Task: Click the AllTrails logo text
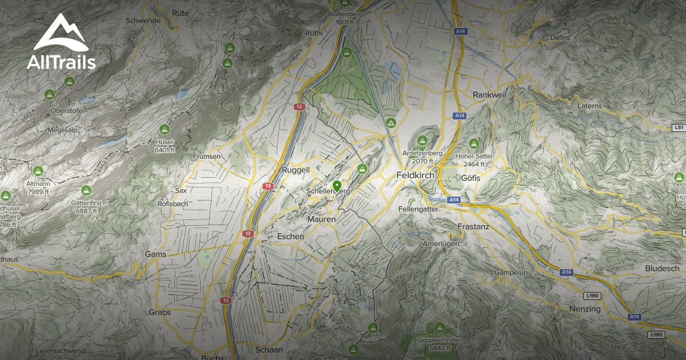click(61, 62)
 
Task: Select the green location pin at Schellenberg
click(337, 186)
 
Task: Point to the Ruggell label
click(296, 170)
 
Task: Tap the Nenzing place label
click(585, 309)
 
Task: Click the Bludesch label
click(662, 269)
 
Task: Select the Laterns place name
click(590, 106)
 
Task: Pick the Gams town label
click(155, 254)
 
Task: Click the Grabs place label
click(159, 313)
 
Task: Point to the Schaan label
click(269, 350)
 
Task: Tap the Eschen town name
click(290, 236)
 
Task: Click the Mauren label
click(321, 219)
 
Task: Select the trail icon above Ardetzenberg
click(423, 141)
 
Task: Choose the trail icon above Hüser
click(165, 129)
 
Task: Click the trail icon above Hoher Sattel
click(473, 143)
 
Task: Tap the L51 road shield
click(679, 127)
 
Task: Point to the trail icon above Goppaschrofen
click(439, 327)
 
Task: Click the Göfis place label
click(470, 178)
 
